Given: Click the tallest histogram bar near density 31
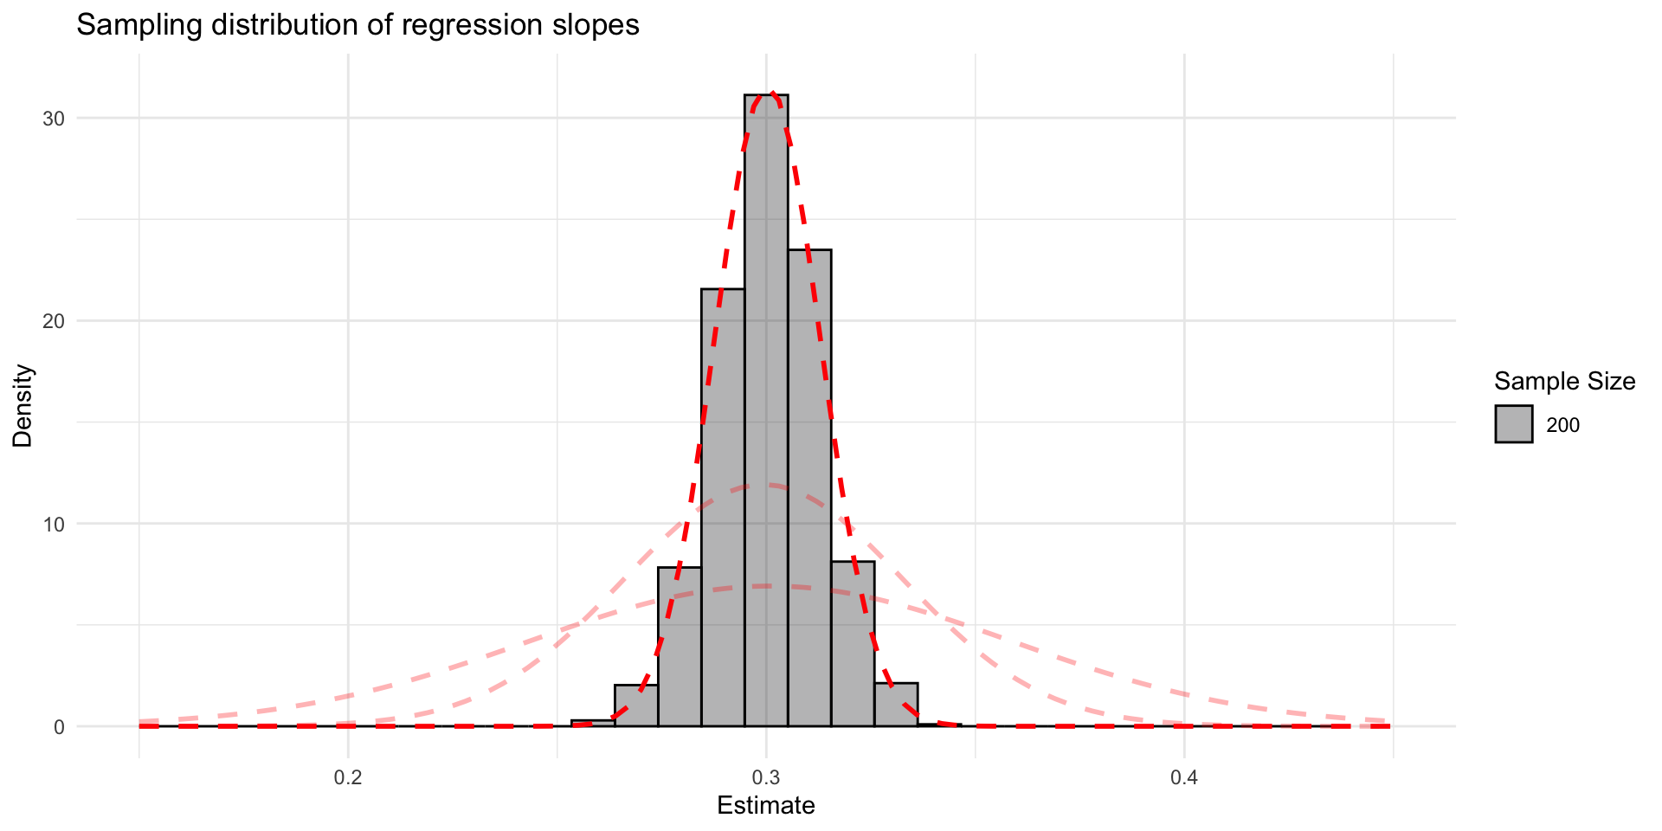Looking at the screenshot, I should pyautogui.click(x=766, y=407).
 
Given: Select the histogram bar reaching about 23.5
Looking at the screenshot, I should pyautogui.click(x=809, y=485).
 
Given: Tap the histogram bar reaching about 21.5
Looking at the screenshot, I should pyautogui.click(x=723, y=506).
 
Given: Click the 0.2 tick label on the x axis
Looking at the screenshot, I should pyautogui.click(x=348, y=777).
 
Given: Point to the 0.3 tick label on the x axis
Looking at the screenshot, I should pyautogui.click(x=766, y=777).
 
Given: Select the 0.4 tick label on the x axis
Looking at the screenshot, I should pyautogui.click(x=1184, y=777).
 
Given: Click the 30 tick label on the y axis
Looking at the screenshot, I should pyautogui.click(x=55, y=119).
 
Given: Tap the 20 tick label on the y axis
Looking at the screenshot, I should pyautogui.click(x=55, y=321).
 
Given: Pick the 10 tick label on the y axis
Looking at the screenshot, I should pyautogui.click(x=55, y=524).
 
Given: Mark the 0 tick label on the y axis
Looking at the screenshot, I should pyautogui.click(x=60, y=727).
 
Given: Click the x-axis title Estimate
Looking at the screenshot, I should pyautogui.click(x=766, y=806).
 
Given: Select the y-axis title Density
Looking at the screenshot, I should pyautogui.click(x=23, y=406).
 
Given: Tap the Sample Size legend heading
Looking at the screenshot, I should pyautogui.click(x=1564, y=381).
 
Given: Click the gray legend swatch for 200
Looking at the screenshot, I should pyautogui.click(x=1513, y=424).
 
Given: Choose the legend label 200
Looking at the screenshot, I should pyautogui.click(x=1562, y=425).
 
